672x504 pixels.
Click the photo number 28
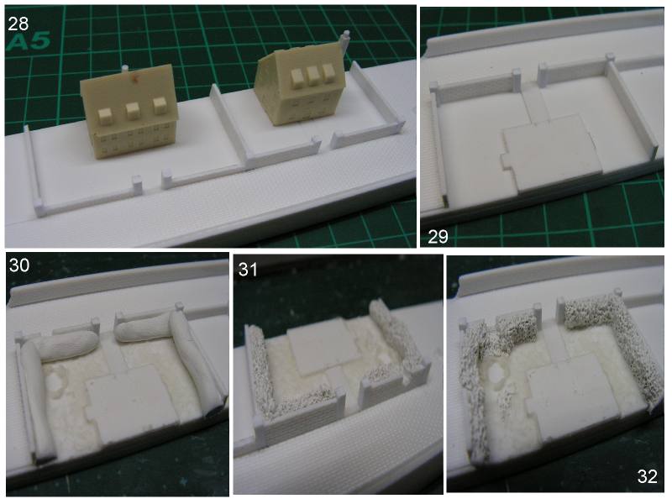(x=18, y=24)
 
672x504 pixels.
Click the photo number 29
(x=438, y=236)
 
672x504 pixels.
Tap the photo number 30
(x=19, y=265)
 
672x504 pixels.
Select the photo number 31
(x=248, y=270)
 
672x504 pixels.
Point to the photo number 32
(x=647, y=476)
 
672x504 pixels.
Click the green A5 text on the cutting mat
(x=29, y=42)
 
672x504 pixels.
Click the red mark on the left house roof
(x=136, y=78)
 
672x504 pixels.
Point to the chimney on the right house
(x=345, y=41)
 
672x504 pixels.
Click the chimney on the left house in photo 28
(x=124, y=69)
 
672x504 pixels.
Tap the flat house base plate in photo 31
(x=323, y=346)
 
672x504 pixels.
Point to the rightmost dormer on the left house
(x=160, y=106)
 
